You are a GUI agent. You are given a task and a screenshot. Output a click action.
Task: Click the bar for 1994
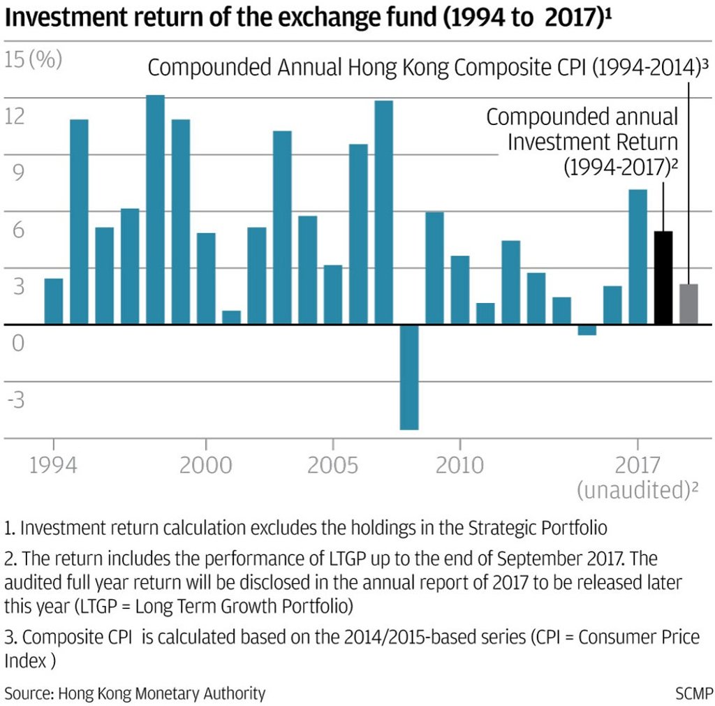54,302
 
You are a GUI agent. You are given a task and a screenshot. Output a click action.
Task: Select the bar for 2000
206,279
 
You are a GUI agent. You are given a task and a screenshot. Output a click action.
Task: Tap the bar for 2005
333,295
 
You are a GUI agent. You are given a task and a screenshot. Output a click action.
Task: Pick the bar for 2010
460,291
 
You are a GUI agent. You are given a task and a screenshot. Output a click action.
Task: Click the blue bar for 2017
638,257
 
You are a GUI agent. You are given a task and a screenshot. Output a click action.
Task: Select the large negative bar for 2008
409,377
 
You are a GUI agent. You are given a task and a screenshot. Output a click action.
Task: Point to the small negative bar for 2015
587,330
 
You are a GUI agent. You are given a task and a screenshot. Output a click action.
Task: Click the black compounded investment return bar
663,278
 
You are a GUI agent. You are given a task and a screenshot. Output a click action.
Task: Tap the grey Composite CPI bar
689,304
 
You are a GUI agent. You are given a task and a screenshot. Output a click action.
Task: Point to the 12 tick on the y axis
15,116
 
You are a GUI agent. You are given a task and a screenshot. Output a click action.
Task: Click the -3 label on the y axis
15,401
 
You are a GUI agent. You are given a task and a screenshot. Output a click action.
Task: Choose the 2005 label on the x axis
333,465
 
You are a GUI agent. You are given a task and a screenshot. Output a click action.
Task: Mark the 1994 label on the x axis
54,465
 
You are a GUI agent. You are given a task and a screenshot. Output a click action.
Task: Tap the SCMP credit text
694,693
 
